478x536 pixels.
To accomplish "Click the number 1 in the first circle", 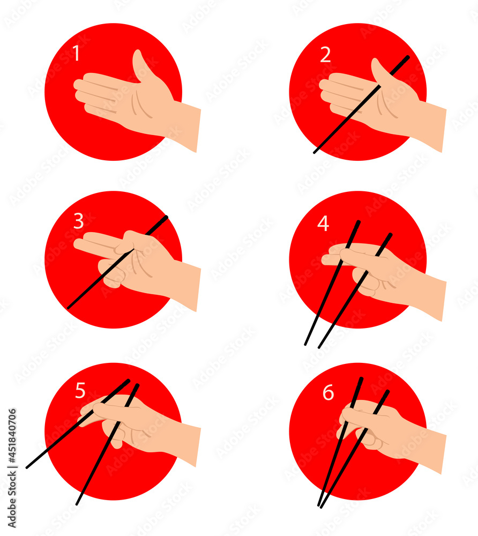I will (x=76, y=54).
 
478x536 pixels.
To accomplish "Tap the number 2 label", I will (x=325, y=55).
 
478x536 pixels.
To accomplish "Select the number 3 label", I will (x=79, y=221).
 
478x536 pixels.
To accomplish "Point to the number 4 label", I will (x=323, y=224).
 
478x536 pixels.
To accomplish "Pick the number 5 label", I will (x=80, y=391).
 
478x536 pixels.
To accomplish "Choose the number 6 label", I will (x=328, y=393).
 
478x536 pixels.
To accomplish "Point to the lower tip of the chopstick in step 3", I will (x=69, y=307).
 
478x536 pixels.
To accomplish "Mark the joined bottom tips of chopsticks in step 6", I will (x=320, y=504).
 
